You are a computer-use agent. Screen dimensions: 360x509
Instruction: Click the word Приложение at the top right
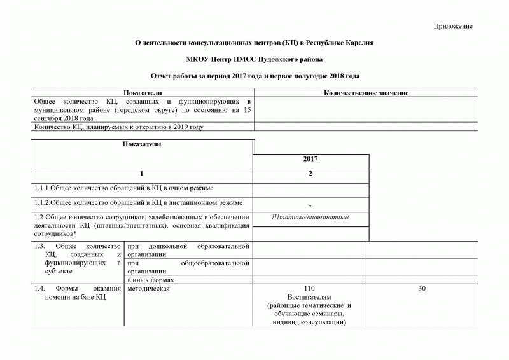[453, 26]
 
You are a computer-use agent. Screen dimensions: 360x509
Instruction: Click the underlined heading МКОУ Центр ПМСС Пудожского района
[254, 59]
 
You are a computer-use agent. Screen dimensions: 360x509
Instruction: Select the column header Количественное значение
[366, 93]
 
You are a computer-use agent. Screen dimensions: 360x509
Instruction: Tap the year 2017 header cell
[310, 158]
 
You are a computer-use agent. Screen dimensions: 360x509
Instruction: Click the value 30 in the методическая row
[422, 289]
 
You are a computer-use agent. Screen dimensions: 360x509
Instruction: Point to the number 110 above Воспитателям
[310, 289]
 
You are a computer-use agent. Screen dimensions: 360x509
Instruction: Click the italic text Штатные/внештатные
[310, 218]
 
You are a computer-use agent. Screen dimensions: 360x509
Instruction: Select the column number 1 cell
[143, 174]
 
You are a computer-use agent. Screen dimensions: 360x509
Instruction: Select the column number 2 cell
[310, 174]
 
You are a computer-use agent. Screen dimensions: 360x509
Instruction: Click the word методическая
[148, 289]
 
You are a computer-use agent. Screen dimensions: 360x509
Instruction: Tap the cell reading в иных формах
[151, 280]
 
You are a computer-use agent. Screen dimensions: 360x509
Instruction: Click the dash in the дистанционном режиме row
[310, 205]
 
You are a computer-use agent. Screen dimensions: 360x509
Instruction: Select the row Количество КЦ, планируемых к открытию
[118, 127]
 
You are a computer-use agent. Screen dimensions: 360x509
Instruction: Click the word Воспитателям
[310, 297]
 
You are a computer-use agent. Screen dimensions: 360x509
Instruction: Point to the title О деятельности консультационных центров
[254, 43]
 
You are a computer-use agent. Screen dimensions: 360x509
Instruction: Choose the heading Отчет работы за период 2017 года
[254, 76]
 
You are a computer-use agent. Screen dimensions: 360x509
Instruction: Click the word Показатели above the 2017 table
[143, 144]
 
